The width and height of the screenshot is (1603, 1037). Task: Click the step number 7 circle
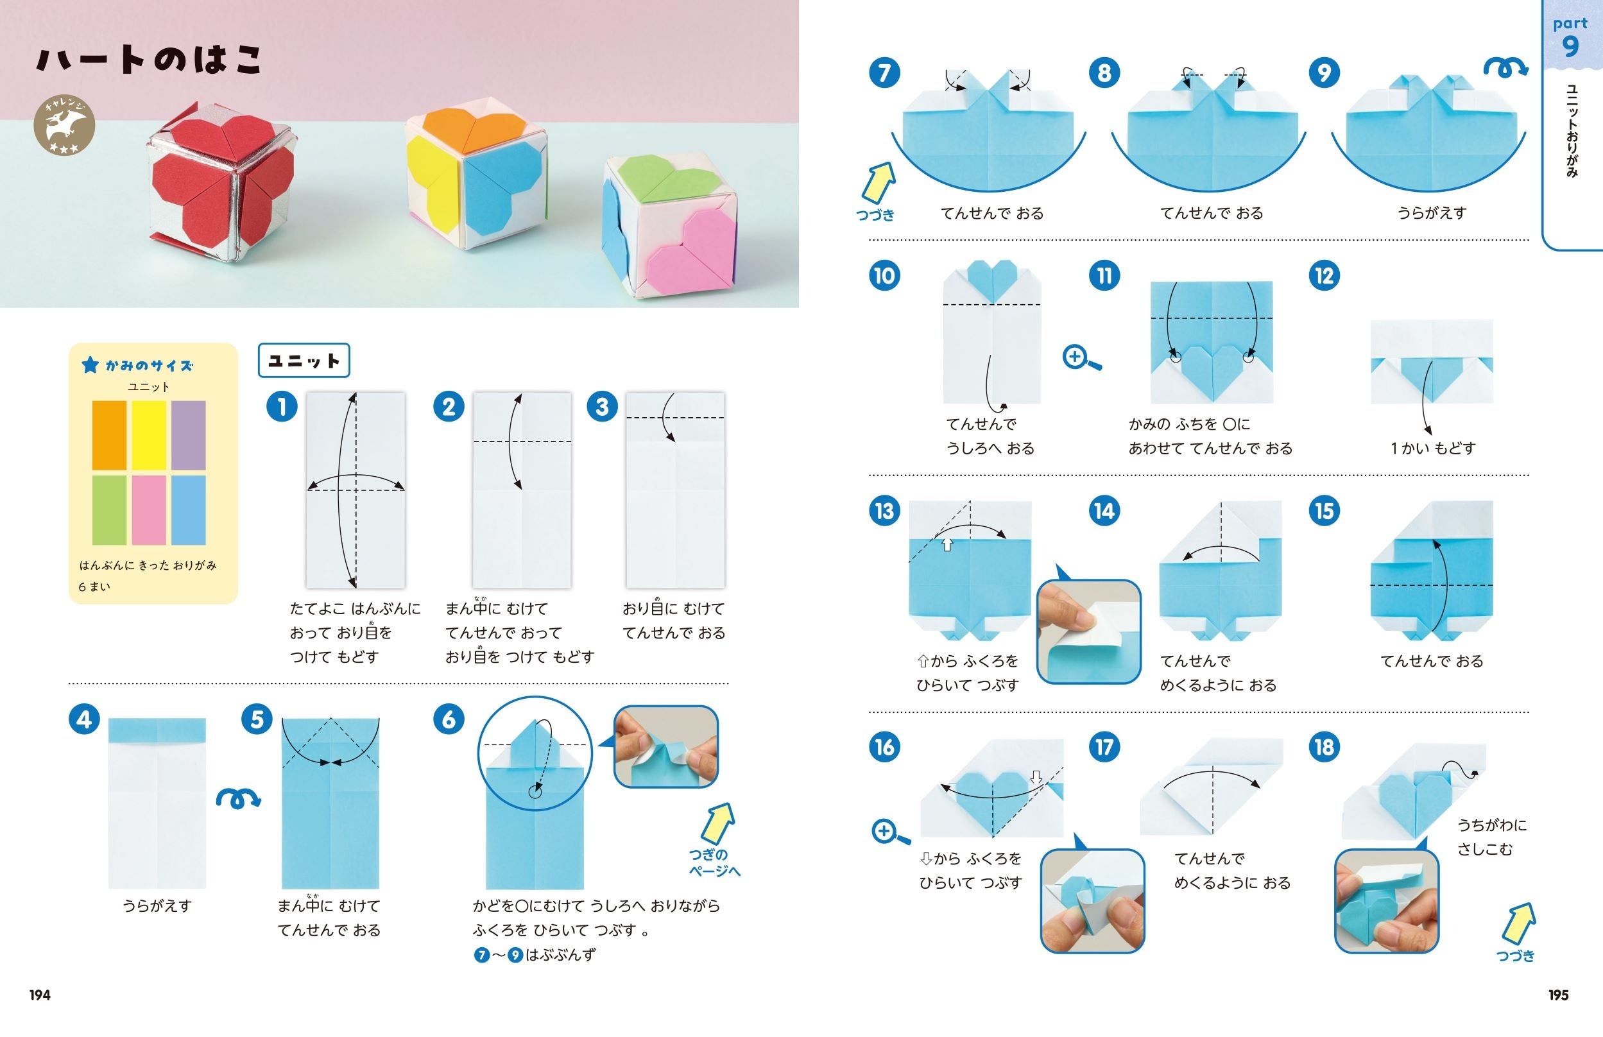[885, 73]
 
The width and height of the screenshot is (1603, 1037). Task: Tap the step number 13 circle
[885, 511]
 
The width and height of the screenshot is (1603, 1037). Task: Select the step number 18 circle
[1324, 747]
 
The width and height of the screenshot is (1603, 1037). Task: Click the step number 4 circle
[84, 719]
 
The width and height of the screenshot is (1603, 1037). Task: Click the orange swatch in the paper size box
[109, 436]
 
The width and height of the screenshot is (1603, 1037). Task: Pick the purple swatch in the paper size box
[189, 436]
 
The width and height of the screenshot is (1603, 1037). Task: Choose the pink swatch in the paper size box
[149, 510]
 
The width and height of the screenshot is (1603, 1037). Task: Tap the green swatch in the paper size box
[109, 510]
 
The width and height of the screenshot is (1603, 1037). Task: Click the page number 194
[40, 995]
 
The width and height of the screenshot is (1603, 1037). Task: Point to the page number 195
[1559, 995]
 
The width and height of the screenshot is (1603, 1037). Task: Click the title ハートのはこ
[149, 59]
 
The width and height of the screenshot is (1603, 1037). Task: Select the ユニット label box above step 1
[304, 360]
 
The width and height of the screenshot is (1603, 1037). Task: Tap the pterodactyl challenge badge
[65, 124]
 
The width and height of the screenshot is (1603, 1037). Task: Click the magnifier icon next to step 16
[890, 832]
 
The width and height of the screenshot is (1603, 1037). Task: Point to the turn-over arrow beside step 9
[1506, 67]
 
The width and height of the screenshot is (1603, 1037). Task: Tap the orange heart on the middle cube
[476, 131]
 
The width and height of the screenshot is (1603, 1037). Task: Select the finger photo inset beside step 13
[1088, 631]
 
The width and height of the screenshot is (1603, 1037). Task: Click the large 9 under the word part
[1570, 46]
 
